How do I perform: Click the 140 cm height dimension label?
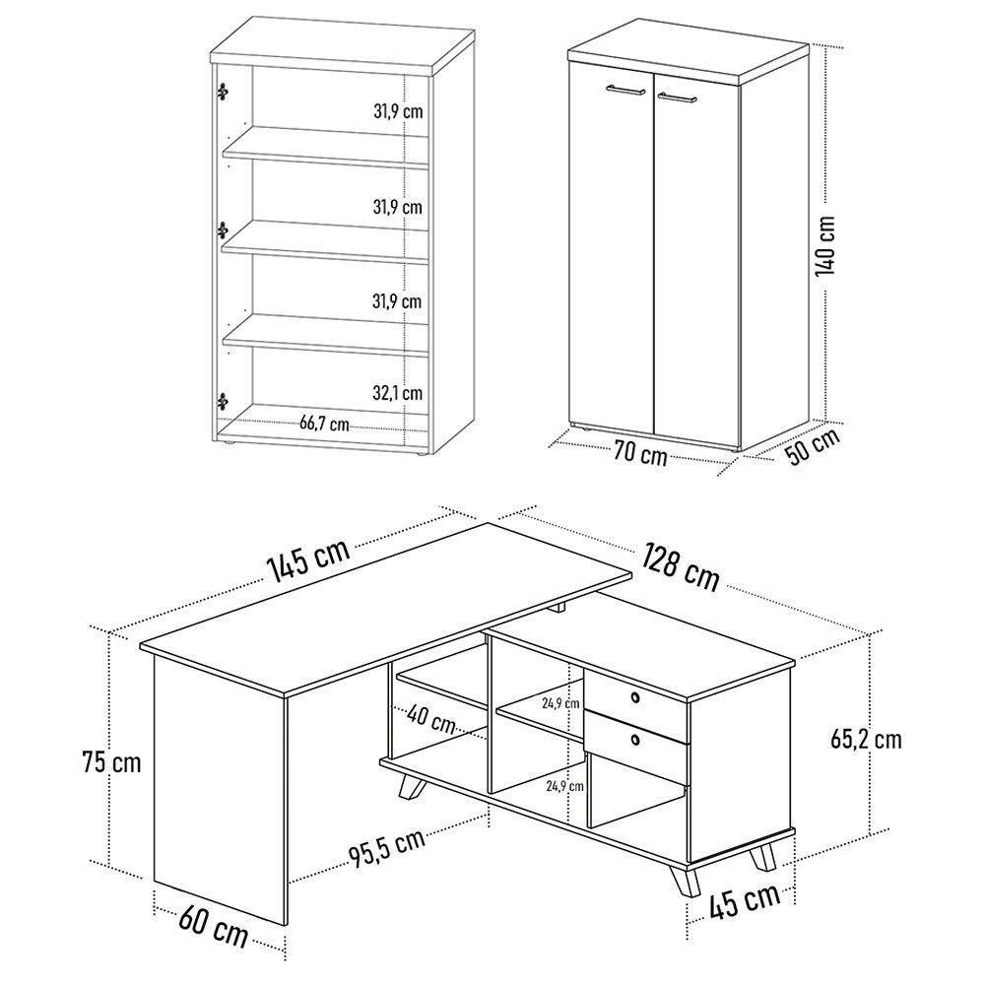[x=825, y=245]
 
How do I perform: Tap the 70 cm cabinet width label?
[x=640, y=452]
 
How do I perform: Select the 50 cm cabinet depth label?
[x=813, y=445]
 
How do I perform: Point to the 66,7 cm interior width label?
[x=323, y=423]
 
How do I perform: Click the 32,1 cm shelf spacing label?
[x=397, y=393]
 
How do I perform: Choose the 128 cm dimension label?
[x=680, y=567]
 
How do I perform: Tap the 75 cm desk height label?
[x=111, y=762]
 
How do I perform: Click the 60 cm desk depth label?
[x=214, y=925]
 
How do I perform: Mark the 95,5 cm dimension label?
[x=387, y=847]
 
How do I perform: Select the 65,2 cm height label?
[x=866, y=739]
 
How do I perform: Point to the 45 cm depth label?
[x=745, y=900]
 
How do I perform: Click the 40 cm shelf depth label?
[x=431, y=719]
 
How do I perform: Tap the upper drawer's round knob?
[x=635, y=696]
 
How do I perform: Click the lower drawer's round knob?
[x=635, y=740]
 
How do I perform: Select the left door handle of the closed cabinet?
[x=625, y=90]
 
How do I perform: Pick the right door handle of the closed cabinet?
[x=677, y=97]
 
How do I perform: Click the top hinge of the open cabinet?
[x=222, y=92]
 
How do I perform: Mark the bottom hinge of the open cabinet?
[x=222, y=401]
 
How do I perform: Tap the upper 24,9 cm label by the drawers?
[x=560, y=703]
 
